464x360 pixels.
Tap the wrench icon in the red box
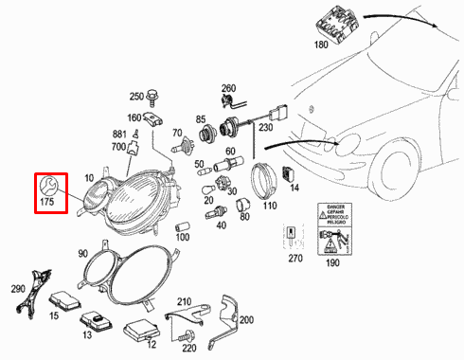48,183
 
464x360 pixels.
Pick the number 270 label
294,257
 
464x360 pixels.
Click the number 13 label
86,334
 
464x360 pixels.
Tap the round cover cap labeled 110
264,179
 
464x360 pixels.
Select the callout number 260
227,88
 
